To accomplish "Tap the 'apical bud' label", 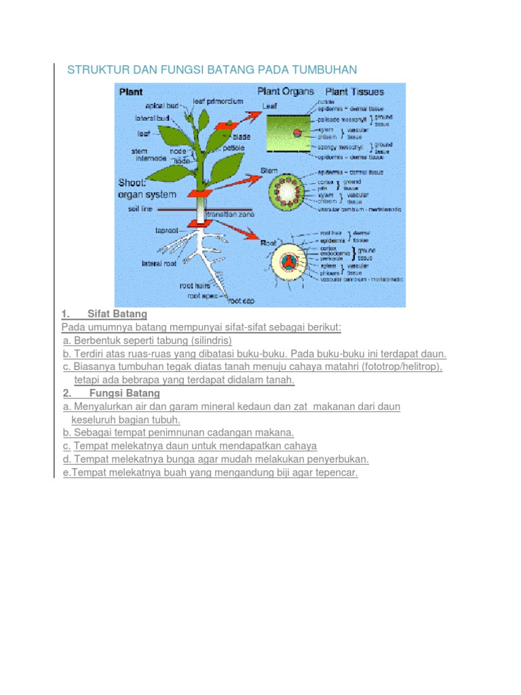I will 161,105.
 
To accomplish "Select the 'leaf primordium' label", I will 218,100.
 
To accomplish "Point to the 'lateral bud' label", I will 152,117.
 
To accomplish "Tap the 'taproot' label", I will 167,230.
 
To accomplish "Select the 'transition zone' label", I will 229,214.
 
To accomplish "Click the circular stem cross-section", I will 284,191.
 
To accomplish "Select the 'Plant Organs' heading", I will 285,91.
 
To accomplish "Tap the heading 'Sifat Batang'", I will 117,314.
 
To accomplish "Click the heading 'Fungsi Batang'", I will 124,393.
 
